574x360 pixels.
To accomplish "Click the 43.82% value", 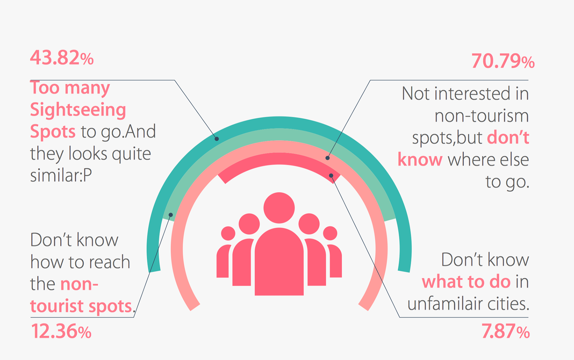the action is pos(62,57).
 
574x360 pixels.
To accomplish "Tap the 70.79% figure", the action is pos(503,61).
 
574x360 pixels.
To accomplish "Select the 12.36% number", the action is pos(61,331).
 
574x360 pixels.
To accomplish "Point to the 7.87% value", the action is pos(506,331).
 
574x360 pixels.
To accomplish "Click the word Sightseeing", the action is pos(78,110).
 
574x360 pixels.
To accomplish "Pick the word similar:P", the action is pos(61,175).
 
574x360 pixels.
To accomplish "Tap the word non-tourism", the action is pos(482,116).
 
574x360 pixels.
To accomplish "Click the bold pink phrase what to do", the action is pos(466,282).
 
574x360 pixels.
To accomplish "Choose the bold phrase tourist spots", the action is pos(81,306).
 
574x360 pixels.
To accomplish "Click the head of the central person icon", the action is pos(279,208).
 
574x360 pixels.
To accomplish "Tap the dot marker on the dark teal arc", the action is pos(217,139).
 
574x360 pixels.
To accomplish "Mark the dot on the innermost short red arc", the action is pos(331,176).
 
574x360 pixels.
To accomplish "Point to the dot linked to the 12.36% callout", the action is pos(171,215).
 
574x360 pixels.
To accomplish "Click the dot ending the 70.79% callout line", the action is pos(328,158).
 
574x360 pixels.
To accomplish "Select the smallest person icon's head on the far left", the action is pos(228,233).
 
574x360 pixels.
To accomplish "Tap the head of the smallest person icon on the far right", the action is pos(330,233).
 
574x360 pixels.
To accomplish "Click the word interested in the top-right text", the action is pos(472,94).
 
